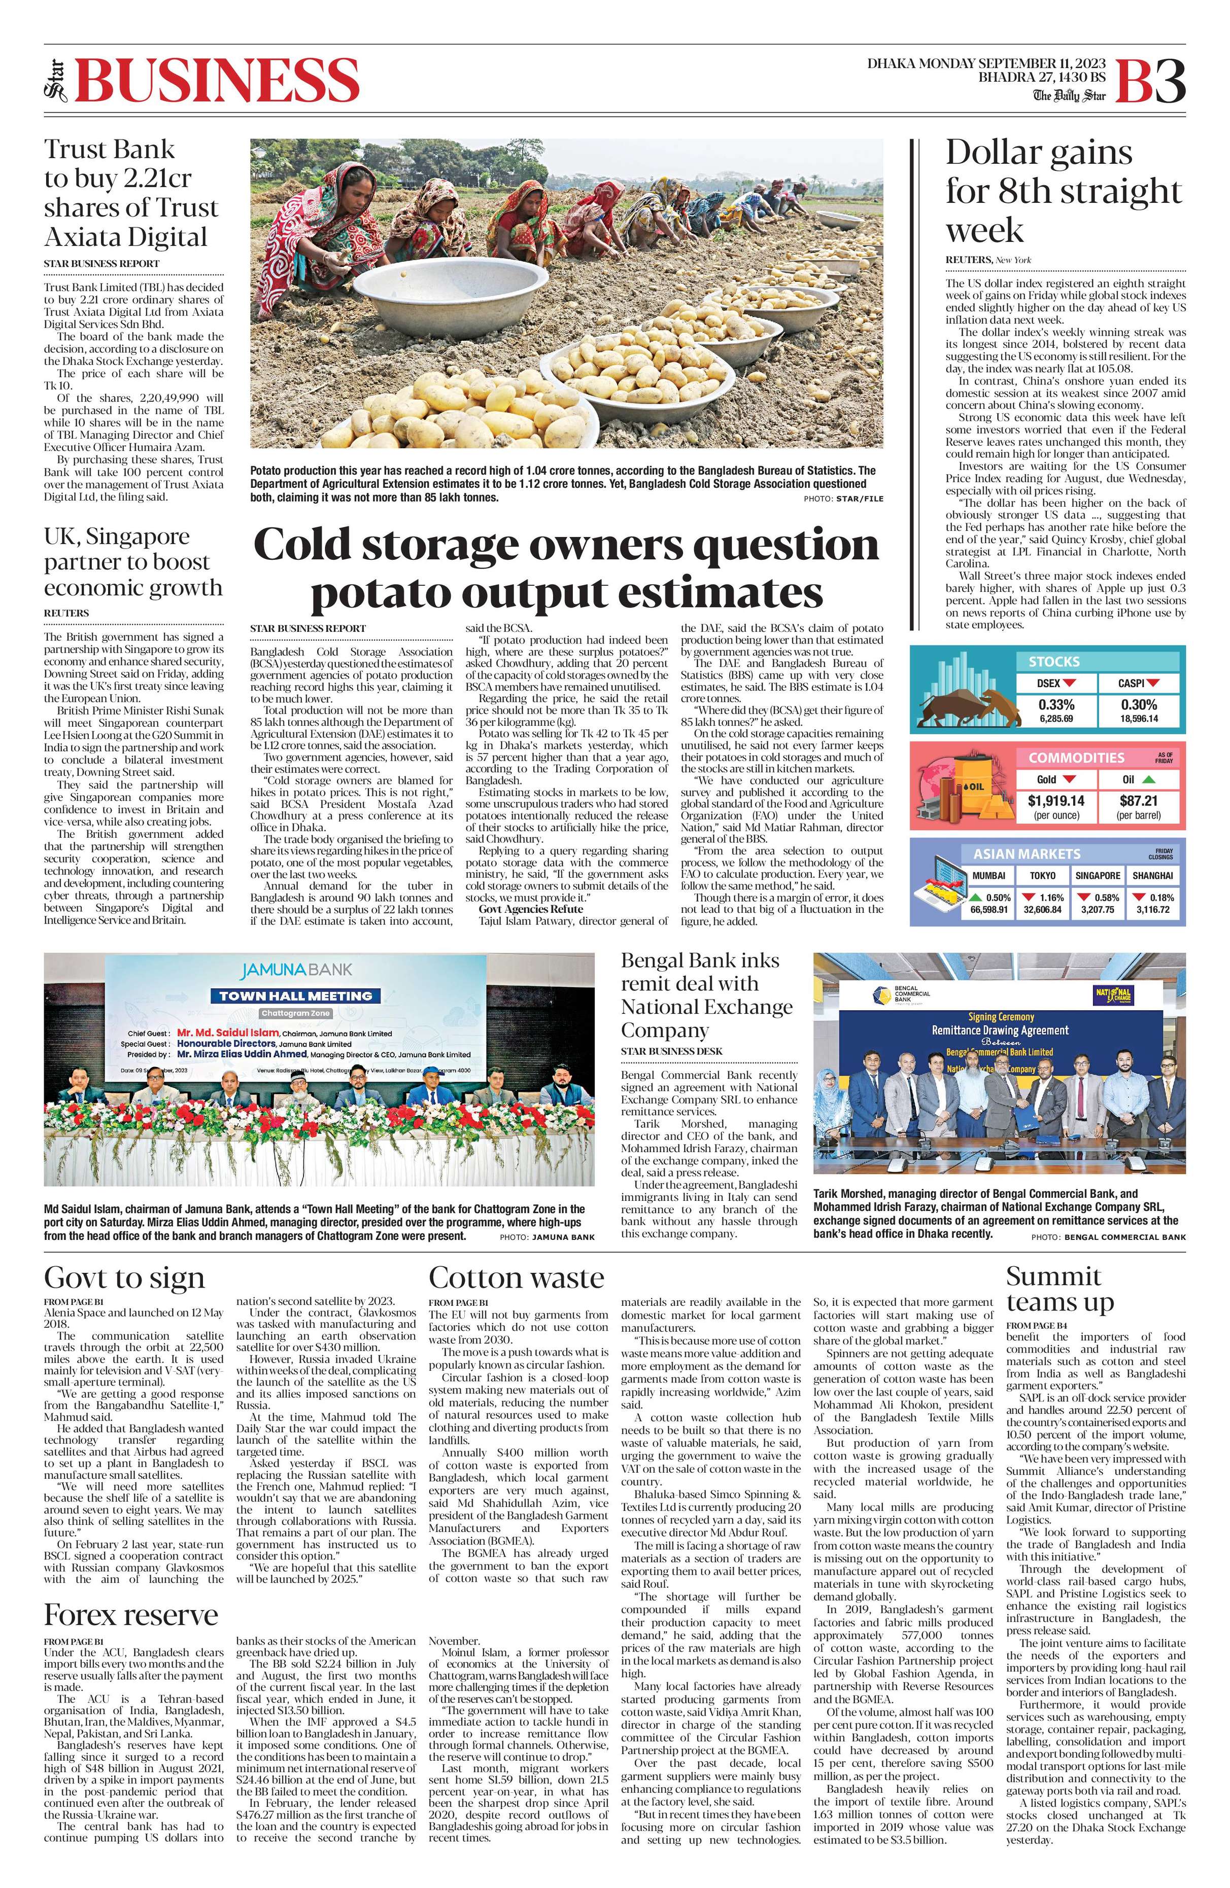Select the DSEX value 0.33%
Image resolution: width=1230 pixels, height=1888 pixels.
tap(1055, 704)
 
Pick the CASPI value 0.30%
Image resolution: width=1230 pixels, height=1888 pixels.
tap(1139, 704)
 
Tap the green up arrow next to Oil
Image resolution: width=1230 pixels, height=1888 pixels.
tap(1149, 780)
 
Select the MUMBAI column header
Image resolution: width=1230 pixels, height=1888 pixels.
tap(989, 876)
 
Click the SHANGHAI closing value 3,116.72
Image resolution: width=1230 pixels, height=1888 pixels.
tap(1152, 909)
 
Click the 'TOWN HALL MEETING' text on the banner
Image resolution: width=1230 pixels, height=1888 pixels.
tap(295, 995)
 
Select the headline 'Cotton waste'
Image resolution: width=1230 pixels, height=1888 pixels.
tap(516, 1277)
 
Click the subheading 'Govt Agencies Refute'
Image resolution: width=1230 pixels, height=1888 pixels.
tap(530, 909)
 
